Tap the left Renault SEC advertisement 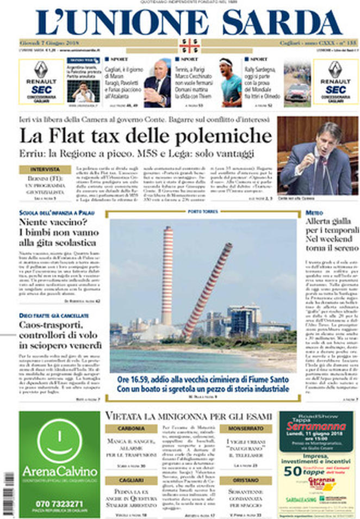point(41,82)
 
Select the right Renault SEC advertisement point(336,82)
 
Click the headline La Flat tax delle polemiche point(146,135)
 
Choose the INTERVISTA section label point(45,170)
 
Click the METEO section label point(314,212)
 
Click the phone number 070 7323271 point(59,503)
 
